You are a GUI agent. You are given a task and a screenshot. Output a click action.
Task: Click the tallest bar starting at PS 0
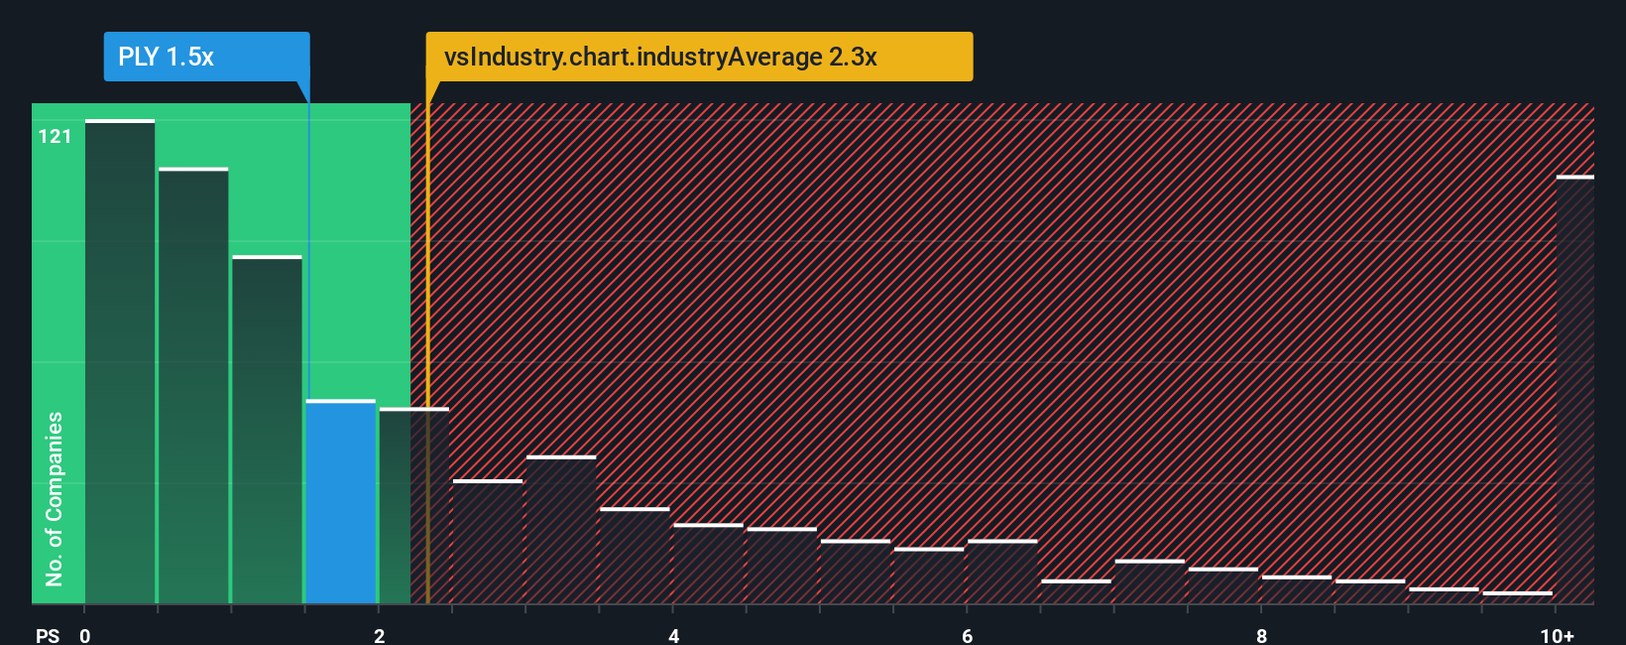[x=119, y=362]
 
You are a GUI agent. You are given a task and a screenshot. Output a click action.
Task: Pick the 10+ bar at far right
[x=1574, y=389]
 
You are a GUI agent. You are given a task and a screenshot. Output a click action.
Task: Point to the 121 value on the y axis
[x=55, y=136]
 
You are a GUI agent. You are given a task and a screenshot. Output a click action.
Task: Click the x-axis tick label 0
[x=85, y=635]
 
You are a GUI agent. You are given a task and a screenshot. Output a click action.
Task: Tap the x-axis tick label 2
[x=379, y=635]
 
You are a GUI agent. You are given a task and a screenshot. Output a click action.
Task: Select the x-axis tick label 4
[x=673, y=635]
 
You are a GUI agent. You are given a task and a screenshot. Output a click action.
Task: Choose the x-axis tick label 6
[x=967, y=635]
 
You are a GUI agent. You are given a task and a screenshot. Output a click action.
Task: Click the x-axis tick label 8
[x=1261, y=635]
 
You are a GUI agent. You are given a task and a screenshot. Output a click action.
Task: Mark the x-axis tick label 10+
[x=1557, y=635]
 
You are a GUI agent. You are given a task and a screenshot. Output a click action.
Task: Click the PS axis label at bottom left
[x=47, y=635]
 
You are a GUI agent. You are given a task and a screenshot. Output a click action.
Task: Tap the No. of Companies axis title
[x=55, y=498]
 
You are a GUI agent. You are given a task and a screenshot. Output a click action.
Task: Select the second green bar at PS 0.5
[x=193, y=387]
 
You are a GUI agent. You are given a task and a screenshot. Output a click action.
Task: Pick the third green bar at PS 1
[x=267, y=430]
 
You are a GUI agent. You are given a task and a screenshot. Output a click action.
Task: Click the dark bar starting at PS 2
[x=413, y=506]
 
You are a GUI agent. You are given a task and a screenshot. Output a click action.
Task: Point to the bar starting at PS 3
[x=561, y=530]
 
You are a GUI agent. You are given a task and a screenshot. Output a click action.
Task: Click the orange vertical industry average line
[x=427, y=347]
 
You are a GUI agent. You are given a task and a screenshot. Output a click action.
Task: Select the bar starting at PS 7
[x=1149, y=582]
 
